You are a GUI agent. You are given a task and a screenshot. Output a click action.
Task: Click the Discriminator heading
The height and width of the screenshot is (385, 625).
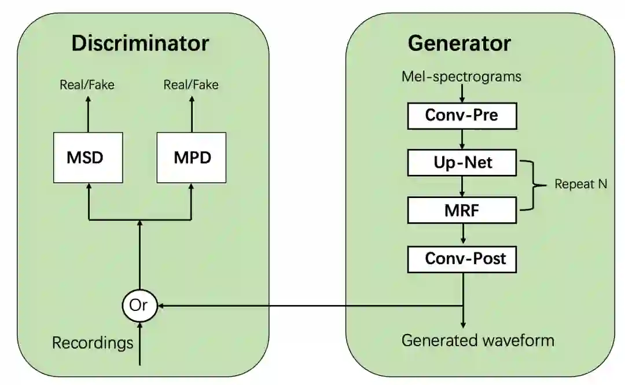tap(140, 43)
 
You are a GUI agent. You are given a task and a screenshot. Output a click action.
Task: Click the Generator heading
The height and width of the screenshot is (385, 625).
tap(459, 43)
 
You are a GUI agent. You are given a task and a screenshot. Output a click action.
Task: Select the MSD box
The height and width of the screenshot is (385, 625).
tap(88, 157)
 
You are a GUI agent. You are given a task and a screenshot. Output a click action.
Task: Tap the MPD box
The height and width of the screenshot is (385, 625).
tap(192, 157)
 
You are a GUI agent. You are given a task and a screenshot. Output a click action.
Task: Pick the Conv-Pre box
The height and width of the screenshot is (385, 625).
tap(461, 116)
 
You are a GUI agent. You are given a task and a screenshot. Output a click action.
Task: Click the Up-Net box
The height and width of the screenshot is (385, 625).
tap(461, 163)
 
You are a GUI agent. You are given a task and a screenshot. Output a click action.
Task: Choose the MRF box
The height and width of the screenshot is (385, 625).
tap(461, 210)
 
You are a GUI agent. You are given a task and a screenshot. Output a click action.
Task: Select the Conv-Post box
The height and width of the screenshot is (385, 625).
tap(461, 258)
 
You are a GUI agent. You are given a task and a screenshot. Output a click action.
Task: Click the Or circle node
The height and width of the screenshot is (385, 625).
tap(139, 305)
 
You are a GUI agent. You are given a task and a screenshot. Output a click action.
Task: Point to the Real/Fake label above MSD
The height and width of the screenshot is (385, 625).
tap(87, 85)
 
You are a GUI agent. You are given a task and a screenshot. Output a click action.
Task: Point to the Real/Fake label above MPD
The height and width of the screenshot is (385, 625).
tap(191, 85)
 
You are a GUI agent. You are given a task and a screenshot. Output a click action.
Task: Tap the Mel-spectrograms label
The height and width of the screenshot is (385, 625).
tap(461, 76)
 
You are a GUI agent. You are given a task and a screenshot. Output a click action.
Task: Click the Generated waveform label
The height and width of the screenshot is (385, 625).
tap(477, 340)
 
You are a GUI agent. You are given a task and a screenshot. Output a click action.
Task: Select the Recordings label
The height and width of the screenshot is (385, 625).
tap(93, 343)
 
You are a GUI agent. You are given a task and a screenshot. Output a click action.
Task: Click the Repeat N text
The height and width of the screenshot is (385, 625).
tap(580, 185)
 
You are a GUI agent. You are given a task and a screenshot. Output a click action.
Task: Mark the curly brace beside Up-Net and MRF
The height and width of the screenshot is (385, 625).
tap(535, 185)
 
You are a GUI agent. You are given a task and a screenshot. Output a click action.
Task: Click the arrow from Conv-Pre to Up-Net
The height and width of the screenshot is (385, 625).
tap(462, 140)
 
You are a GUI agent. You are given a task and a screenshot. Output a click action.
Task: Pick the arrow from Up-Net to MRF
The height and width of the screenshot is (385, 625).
tap(462, 186)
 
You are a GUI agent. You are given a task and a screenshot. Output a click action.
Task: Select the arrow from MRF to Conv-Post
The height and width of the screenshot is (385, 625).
tap(462, 234)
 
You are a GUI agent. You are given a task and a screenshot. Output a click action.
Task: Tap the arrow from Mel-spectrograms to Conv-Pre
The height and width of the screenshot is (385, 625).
tap(462, 93)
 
